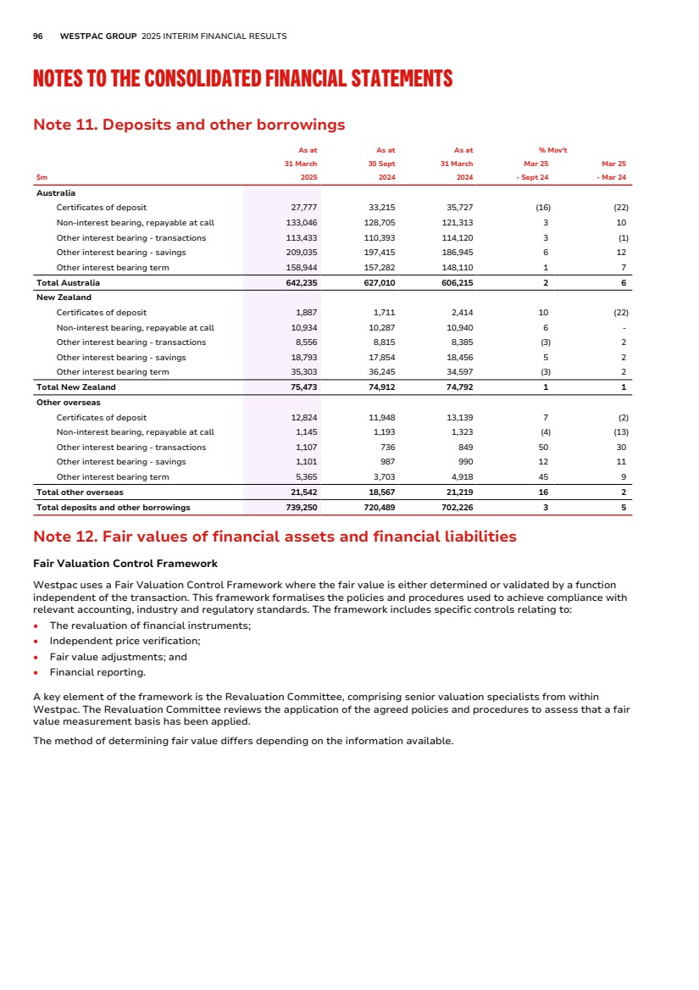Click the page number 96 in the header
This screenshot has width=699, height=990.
[37, 36]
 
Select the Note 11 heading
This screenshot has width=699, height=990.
[188, 125]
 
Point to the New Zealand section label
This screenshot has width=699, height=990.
[64, 298]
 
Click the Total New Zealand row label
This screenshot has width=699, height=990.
[75, 387]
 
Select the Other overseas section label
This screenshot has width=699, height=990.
[69, 402]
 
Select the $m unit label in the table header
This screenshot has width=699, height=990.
[42, 177]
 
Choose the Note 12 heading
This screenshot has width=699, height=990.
[274, 537]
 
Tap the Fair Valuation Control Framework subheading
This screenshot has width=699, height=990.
[125, 564]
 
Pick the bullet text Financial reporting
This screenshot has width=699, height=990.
[97, 672]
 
